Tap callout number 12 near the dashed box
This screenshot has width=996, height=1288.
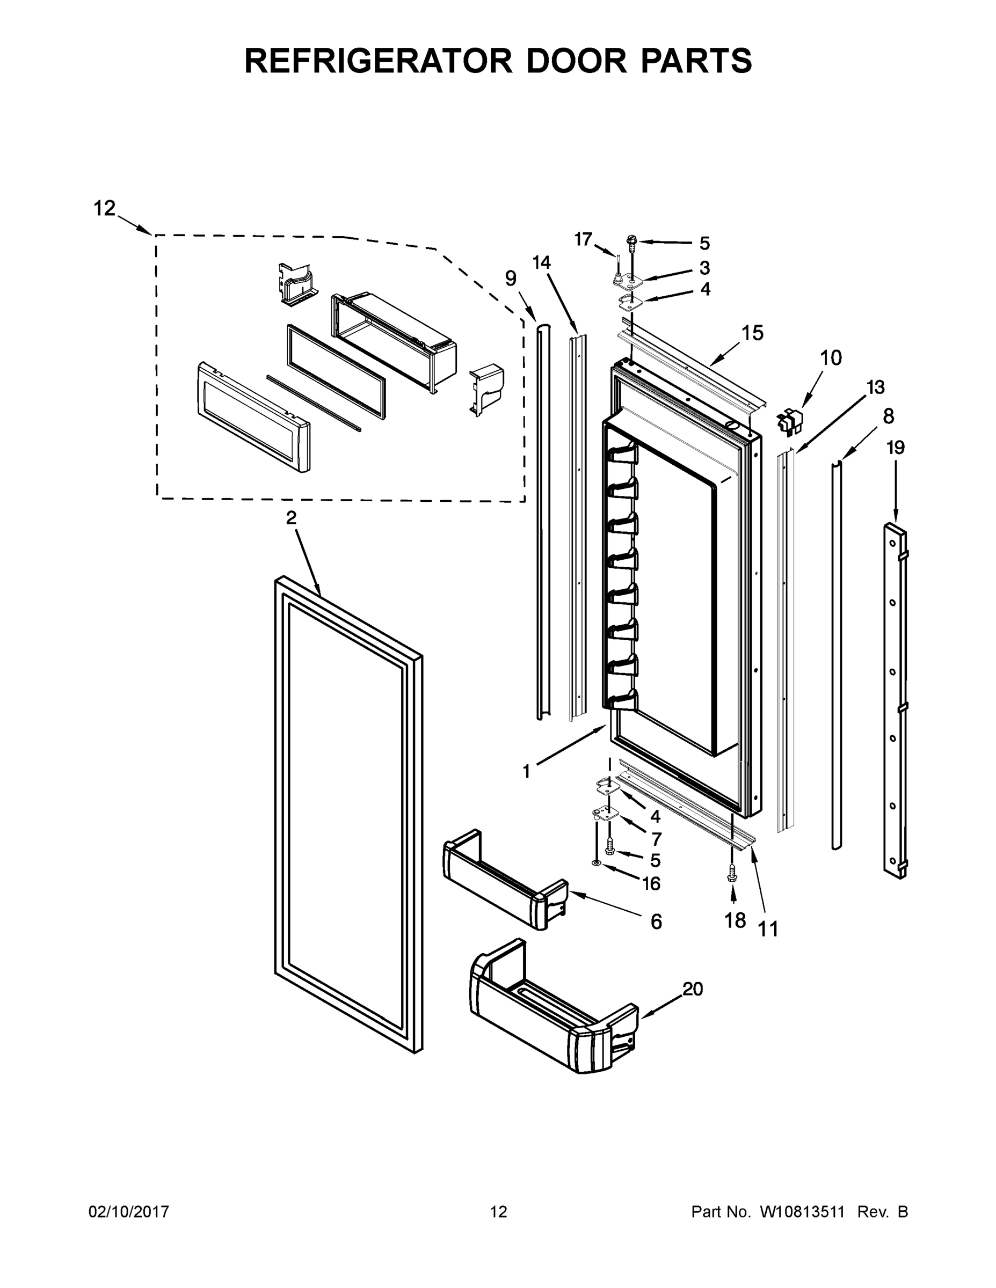tap(105, 208)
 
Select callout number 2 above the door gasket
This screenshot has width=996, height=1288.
tap(291, 517)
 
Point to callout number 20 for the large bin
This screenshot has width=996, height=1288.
tap(693, 989)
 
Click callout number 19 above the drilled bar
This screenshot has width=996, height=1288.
tap(896, 448)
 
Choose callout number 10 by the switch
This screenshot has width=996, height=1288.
tap(831, 357)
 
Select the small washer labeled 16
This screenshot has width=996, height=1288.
tap(596, 863)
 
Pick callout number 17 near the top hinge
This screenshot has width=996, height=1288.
tap(583, 239)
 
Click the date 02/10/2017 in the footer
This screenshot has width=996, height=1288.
tap(129, 1211)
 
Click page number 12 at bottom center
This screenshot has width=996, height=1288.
tap(499, 1211)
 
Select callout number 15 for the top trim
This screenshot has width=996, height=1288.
tap(752, 333)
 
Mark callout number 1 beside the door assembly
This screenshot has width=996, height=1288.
tap(526, 771)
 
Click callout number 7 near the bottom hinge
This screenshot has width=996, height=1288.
tap(656, 838)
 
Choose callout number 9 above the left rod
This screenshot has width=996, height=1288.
tap(511, 278)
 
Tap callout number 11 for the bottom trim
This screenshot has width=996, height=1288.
tap(768, 930)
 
